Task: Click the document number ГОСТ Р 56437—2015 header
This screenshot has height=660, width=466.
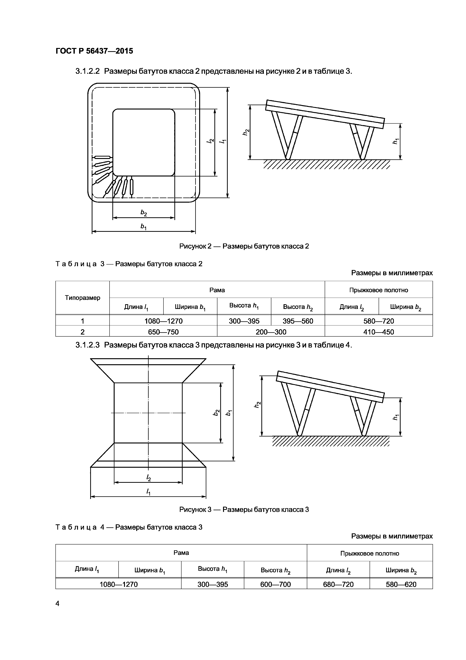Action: click(x=94, y=51)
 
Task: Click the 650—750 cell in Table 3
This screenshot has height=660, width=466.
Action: click(x=163, y=332)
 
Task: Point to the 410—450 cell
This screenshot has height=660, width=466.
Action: click(x=378, y=332)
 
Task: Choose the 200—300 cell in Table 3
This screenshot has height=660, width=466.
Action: click(x=271, y=332)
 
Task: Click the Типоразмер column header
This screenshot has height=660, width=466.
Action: click(x=82, y=298)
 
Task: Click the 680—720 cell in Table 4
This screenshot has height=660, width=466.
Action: click(x=338, y=584)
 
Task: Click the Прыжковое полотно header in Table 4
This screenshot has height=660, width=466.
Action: click(x=370, y=553)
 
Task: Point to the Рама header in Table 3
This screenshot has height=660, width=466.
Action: click(x=217, y=290)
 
